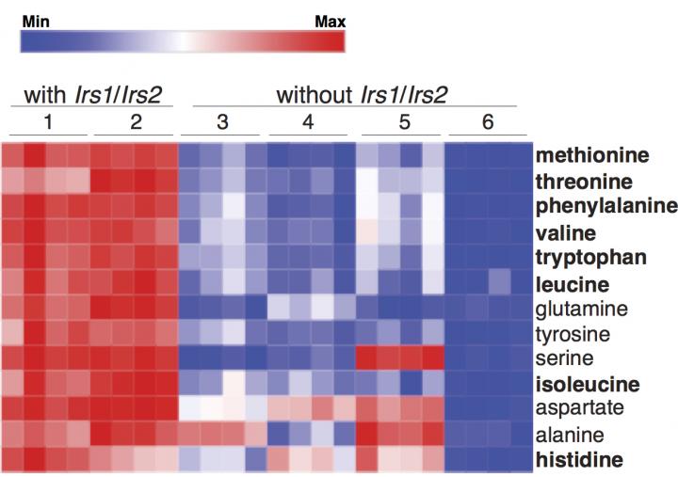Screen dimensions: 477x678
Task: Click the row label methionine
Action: (x=593, y=155)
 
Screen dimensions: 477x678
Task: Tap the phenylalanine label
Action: (x=605, y=206)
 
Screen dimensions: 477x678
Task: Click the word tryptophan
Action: (x=590, y=257)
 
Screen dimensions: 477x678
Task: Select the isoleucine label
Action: (x=588, y=385)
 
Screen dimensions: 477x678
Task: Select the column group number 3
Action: (x=223, y=123)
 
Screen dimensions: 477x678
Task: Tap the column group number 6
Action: (x=486, y=123)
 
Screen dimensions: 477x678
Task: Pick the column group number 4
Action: (x=309, y=123)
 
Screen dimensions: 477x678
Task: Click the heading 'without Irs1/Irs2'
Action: (x=362, y=94)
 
